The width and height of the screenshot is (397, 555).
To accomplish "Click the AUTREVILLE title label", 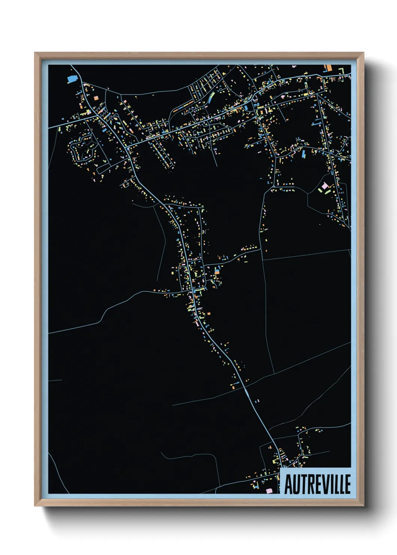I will (317, 484).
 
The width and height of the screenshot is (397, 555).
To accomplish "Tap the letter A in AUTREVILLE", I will (288, 484).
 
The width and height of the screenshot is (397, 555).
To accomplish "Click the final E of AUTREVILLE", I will (347, 484).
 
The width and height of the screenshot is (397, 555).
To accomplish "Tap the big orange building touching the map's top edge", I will (328, 68).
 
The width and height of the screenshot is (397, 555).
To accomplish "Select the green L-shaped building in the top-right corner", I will (342, 70).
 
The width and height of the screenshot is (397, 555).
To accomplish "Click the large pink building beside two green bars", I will (325, 186).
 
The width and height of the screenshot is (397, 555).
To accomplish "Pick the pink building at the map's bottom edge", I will (269, 490).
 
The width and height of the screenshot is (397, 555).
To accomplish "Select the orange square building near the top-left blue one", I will (96, 98).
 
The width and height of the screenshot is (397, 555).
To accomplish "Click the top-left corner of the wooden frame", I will (35, 53).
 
